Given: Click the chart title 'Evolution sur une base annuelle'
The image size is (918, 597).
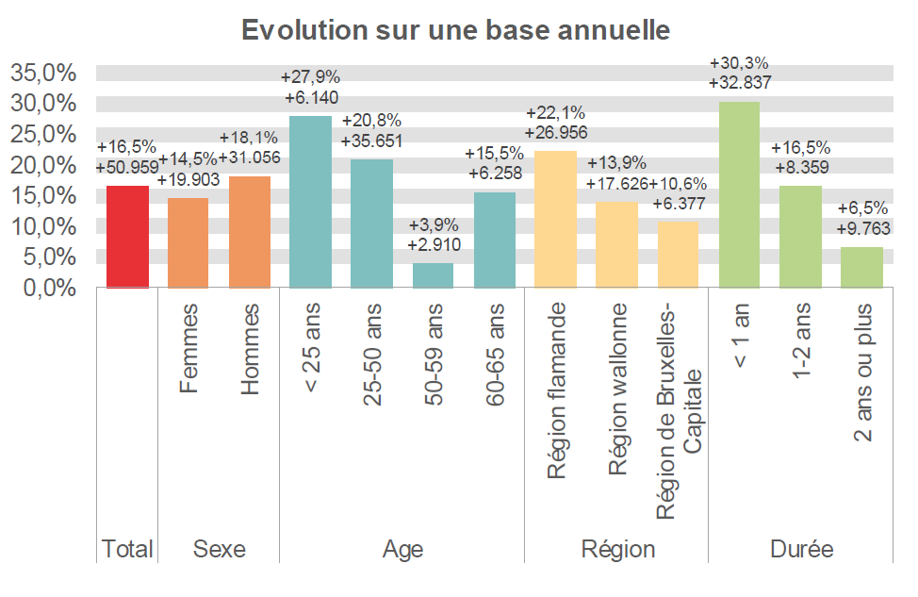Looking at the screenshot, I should coord(455,29).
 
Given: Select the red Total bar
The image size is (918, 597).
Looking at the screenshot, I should coord(128,237).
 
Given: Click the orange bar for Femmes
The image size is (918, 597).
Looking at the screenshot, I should coord(189,242).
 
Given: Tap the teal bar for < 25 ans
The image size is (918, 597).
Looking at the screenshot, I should coord(310,202).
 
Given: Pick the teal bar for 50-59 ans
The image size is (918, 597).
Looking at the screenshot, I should coord(433,275).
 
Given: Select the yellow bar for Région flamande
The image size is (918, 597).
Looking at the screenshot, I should coord(555,219).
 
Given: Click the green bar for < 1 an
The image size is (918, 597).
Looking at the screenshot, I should coord(739,194).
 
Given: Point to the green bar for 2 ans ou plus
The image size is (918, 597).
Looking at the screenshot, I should coord(861,267).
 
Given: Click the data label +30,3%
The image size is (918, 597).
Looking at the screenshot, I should coord(739,63).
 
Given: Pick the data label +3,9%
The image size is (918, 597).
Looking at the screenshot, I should coord(433,226).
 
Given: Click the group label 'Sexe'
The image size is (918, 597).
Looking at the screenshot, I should coord(219,549).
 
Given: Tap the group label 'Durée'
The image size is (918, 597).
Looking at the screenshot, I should coord(800,549).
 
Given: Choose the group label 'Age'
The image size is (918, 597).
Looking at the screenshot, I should coord(402,549).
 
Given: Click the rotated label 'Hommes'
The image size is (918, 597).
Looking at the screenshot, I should coord(250,348).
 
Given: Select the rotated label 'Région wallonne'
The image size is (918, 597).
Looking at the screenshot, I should coord(617,390).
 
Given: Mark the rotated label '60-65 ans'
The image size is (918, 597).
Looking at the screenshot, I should coord(495,355).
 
